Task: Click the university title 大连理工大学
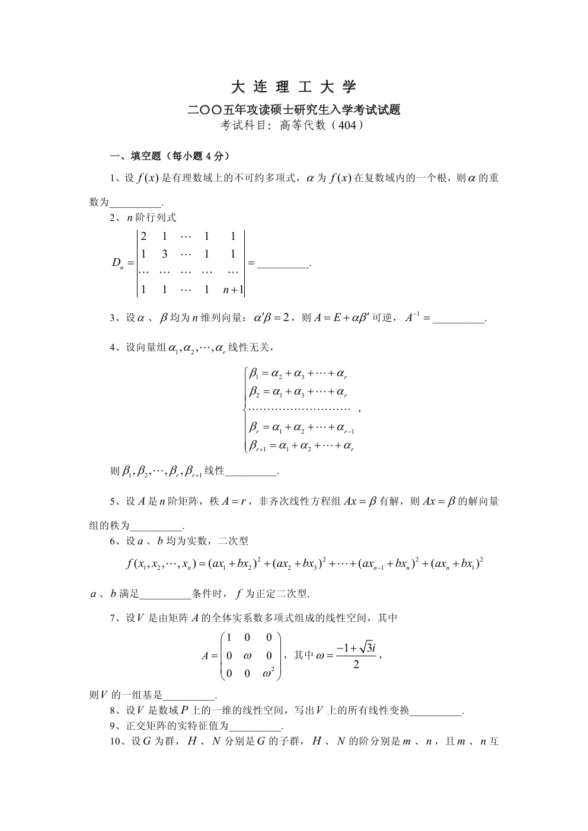pyautogui.click(x=293, y=88)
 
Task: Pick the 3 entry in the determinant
pyautogui.click(x=165, y=254)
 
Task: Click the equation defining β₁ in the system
pyautogui.click(x=298, y=373)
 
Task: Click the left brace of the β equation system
pyautogui.click(x=245, y=409)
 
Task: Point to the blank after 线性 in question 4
pyautogui.click(x=252, y=472)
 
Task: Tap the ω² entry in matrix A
pyautogui.click(x=269, y=672)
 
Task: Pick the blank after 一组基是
pyautogui.click(x=188, y=697)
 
